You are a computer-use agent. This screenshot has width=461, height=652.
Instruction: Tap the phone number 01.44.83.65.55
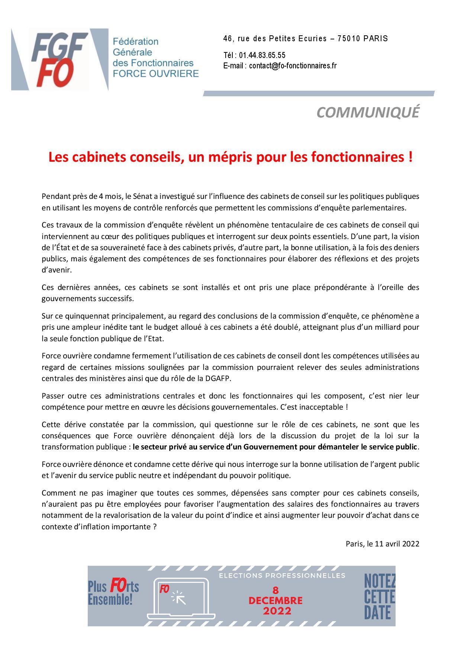tap(262, 55)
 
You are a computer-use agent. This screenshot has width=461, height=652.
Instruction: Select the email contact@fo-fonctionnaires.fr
tap(293, 66)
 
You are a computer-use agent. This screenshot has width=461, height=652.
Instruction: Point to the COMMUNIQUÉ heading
tap(368, 112)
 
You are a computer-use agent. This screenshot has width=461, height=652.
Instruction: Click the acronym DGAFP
tap(224, 378)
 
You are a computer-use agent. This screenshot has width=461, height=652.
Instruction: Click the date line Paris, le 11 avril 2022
tap(382, 544)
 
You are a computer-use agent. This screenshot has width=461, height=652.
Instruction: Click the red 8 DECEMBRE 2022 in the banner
tap(275, 600)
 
